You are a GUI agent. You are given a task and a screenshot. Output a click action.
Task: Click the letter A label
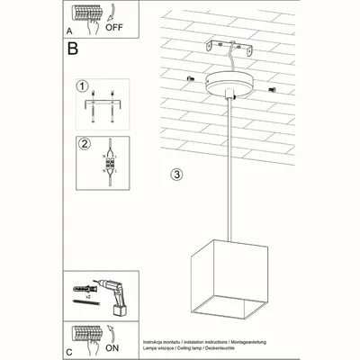click(x=69, y=29)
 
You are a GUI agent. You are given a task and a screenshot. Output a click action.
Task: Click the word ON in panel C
click(x=113, y=347)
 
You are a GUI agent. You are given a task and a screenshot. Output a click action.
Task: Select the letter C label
click(x=69, y=350)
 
